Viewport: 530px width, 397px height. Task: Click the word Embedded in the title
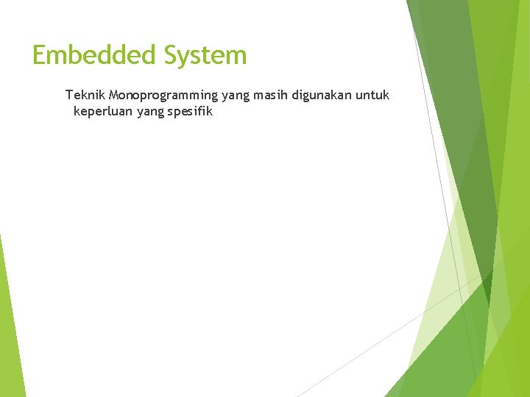tap(94, 55)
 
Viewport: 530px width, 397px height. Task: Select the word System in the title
tap(205, 55)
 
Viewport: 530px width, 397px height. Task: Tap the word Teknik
tap(85, 95)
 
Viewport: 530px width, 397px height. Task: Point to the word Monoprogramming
tap(163, 95)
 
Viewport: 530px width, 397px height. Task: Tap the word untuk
tap(372, 95)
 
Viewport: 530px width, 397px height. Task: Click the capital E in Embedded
tap(40, 55)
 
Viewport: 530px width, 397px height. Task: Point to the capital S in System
tap(171, 55)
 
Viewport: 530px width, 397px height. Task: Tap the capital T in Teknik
tap(68, 95)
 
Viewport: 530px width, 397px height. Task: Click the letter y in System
tap(186, 57)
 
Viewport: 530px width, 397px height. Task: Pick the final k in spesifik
tap(209, 112)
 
